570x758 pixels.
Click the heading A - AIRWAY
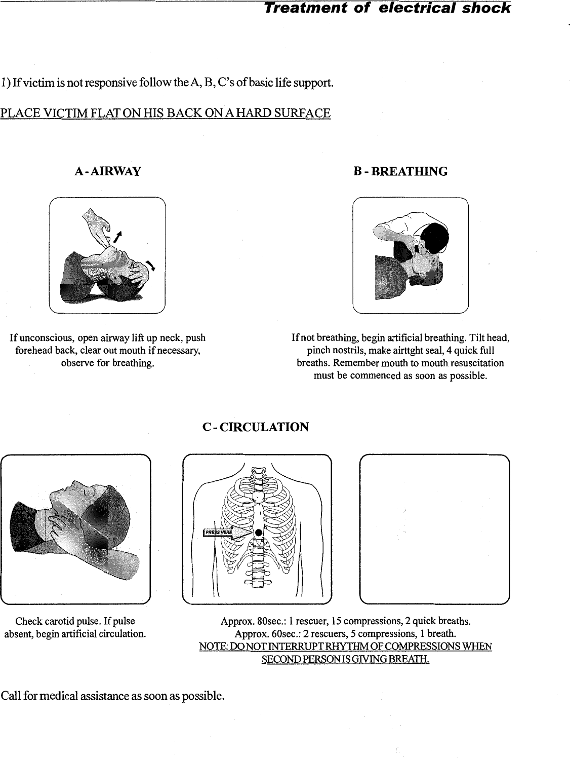(x=107, y=171)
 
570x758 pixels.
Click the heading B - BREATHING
(x=400, y=171)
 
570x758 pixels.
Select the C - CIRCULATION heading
(x=255, y=427)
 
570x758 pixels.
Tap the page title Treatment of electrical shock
(x=387, y=8)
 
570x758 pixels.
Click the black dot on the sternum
(x=258, y=533)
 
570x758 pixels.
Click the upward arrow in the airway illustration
(x=118, y=237)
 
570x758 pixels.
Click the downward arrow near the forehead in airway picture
(x=150, y=264)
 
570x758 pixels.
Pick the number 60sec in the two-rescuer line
(x=276, y=634)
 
